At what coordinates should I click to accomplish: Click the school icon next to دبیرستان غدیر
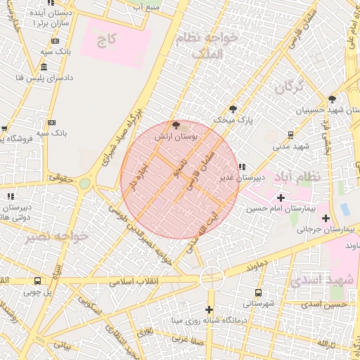[x=243, y=167]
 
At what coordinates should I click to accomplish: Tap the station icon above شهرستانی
[x=258, y=292]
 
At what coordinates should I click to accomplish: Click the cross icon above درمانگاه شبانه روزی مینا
[x=209, y=310]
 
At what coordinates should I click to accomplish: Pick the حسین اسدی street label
[x=324, y=304]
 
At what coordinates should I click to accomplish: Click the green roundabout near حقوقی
[x=85, y=184]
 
